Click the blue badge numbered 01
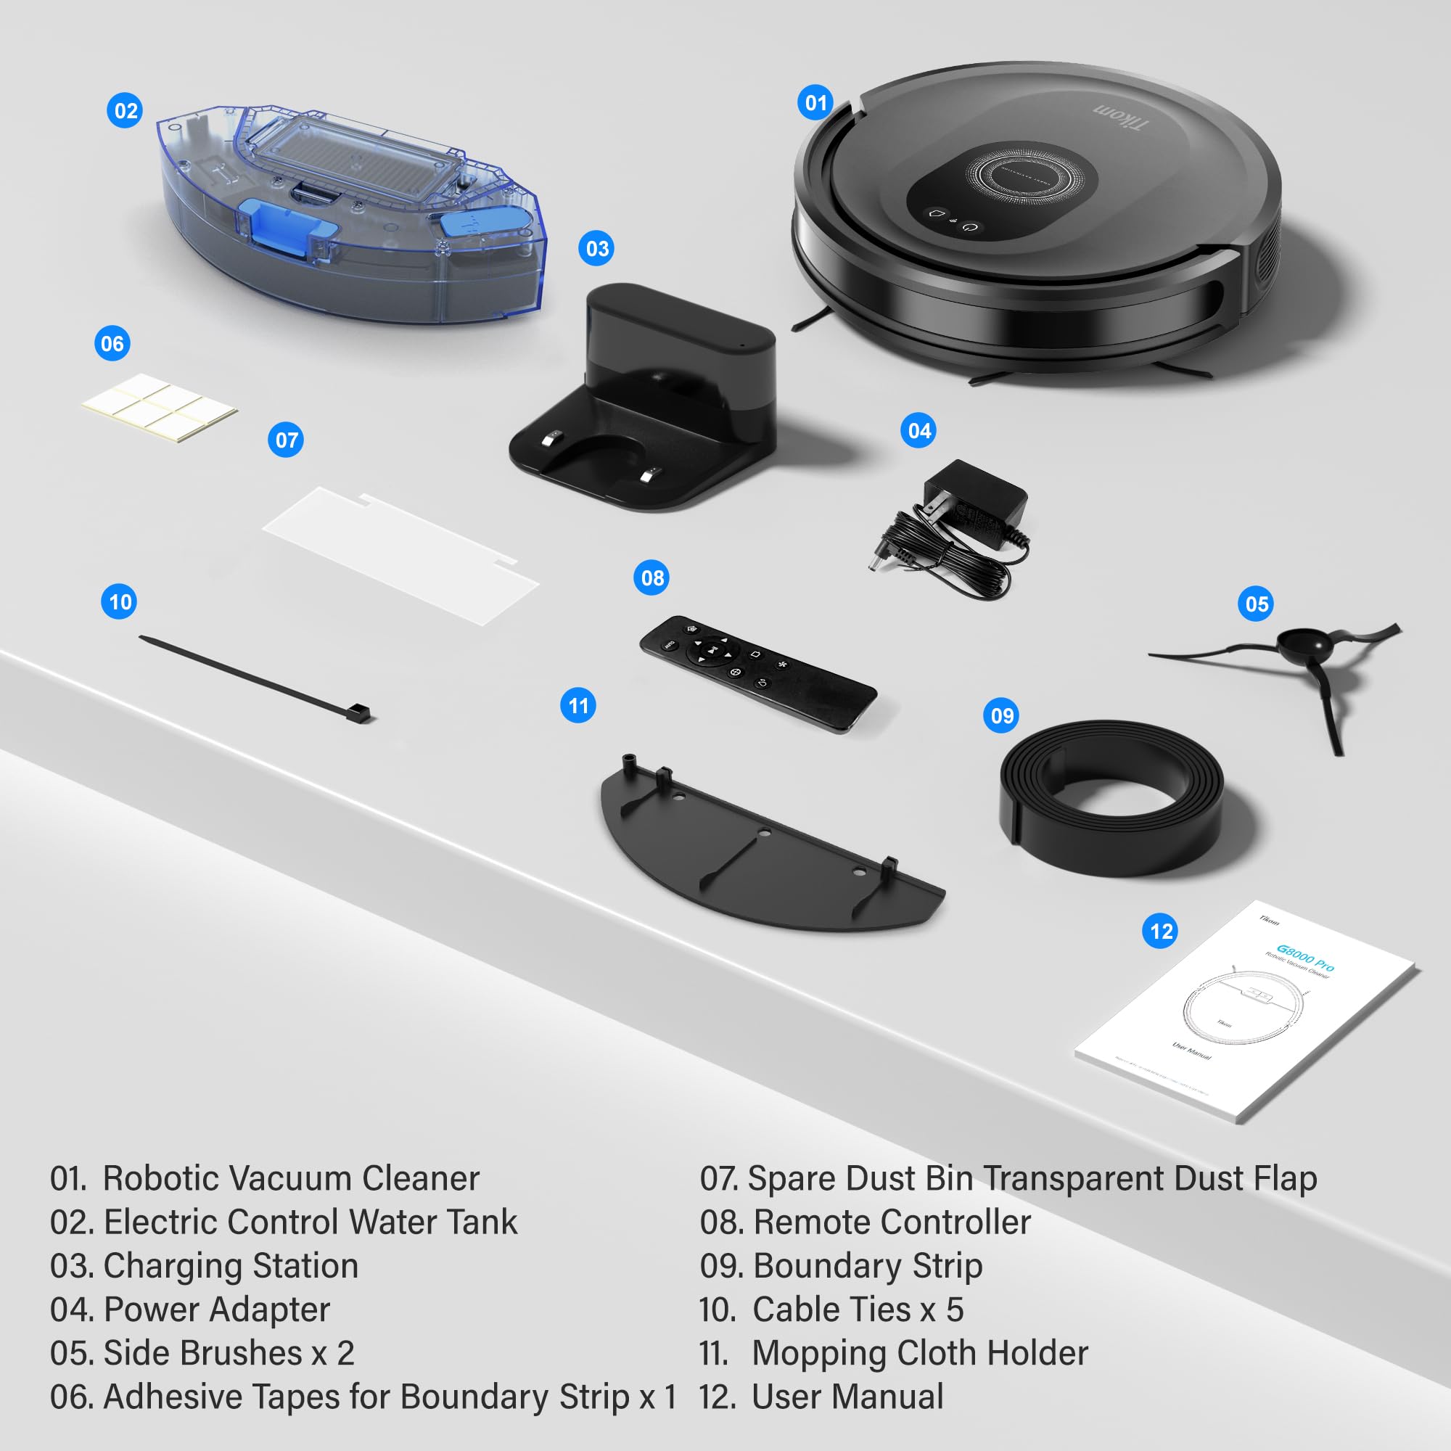coord(815,103)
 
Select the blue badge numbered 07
coord(286,440)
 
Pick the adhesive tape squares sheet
coord(160,407)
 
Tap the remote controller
coord(757,673)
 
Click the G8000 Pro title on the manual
coord(1305,958)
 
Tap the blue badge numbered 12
coord(1160,932)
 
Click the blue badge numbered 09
coord(1002,715)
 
